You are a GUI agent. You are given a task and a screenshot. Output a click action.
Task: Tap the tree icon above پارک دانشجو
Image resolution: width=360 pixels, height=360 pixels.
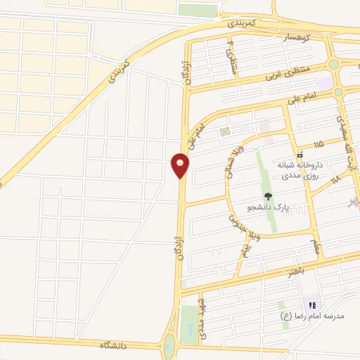(267, 196)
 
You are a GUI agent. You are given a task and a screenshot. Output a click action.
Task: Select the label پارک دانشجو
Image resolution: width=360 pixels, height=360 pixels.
(269, 208)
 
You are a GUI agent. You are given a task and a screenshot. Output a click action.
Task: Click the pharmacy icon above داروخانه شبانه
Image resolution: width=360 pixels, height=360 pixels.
(300, 155)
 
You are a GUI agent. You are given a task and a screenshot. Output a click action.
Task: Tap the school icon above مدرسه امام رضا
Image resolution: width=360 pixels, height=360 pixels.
(312, 305)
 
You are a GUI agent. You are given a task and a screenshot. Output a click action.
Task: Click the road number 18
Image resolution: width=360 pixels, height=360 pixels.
(334, 179)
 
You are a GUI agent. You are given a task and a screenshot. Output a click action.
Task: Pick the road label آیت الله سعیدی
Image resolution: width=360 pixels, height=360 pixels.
(345, 137)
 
